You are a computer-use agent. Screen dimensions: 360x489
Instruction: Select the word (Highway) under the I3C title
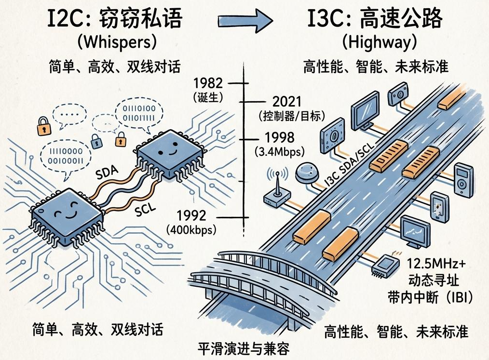click(x=379, y=42)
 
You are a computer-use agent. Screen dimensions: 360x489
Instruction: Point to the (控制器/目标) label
click(x=291, y=116)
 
